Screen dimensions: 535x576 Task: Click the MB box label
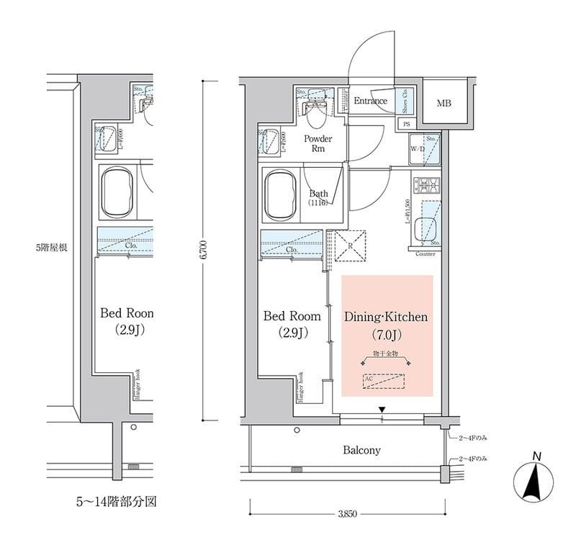pos(444,104)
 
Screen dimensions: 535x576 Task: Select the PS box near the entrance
pos(408,124)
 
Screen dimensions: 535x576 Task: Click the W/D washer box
pos(418,150)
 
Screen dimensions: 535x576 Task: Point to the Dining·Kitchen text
pos(387,316)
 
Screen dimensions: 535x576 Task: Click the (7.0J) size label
pos(387,334)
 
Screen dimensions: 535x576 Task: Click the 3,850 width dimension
pos(347,513)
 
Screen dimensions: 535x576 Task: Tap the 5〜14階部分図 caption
pos(116,500)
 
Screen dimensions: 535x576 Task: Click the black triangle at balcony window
pos(382,410)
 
